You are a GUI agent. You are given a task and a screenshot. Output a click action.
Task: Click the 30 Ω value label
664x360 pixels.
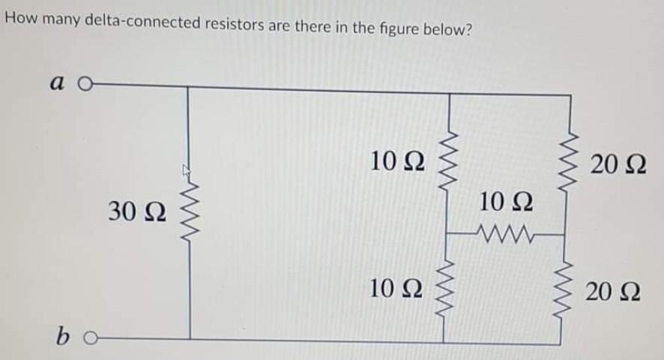click(137, 212)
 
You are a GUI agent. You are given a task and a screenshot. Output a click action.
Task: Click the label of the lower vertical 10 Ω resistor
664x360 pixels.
click(398, 289)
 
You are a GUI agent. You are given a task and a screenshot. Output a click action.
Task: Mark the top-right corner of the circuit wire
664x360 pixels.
click(561, 94)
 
